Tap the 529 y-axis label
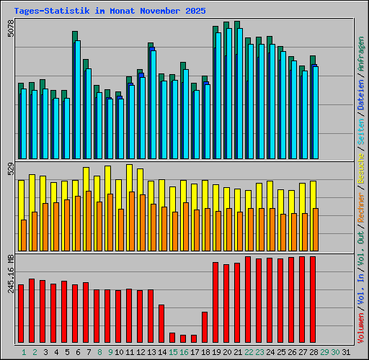pyautogui.click(x=10, y=170)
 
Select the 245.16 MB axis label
pyautogui.click(x=10, y=273)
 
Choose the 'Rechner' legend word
pyautogui.click(x=360, y=204)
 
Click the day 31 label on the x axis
pyautogui.click(x=335, y=352)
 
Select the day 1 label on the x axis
pyautogui.click(x=24, y=352)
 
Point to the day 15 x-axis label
pyautogui.click(x=173, y=352)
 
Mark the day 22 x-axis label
pyautogui.click(x=249, y=352)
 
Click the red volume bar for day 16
pyautogui.click(x=183, y=338)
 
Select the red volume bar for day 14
pyautogui.click(x=161, y=323)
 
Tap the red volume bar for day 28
pyautogui.click(x=313, y=299)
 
